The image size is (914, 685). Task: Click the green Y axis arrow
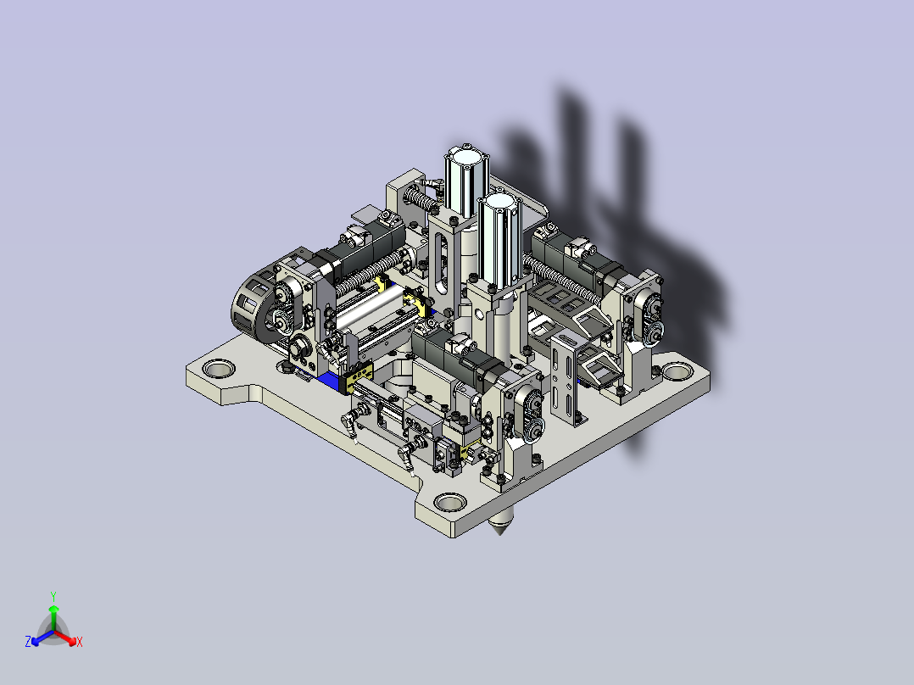[53, 617]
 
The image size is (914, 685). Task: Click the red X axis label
[80, 642]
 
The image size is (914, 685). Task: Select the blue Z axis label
[28, 641]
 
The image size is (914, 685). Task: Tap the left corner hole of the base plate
[219, 369]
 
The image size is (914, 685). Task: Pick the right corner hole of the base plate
[678, 370]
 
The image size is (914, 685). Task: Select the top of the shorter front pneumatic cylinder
[497, 203]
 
